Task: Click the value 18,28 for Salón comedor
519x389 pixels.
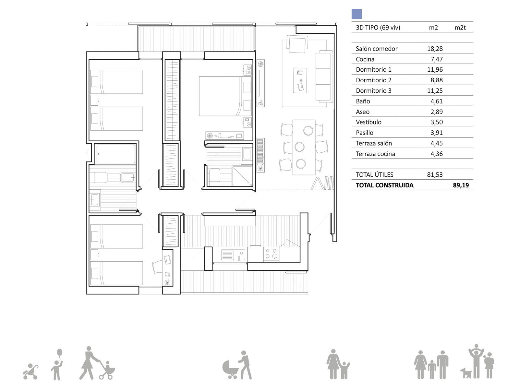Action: (x=435, y=49)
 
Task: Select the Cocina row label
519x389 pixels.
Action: (x=365, y=59)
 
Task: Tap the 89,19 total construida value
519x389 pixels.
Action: (x=461, y=185)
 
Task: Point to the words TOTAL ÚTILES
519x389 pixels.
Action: (x=375, y=174)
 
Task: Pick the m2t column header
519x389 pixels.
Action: (x=460, y=28)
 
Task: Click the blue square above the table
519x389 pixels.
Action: (x=356, y=14)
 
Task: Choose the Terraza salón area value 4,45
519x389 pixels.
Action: (x=437, y=143)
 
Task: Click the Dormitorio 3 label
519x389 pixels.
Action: (x=374, y=91)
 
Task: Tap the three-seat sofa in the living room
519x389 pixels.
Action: (x=324, y=77)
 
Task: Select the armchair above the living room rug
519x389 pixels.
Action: (x=297, y=44)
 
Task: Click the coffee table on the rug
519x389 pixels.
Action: (x=300, y=80)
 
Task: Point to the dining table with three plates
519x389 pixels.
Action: (x=304, y=147)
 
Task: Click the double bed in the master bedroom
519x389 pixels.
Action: (x=225, y=96)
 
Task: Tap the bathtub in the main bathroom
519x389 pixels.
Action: (x=116, y=154)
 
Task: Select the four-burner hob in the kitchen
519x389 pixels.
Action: (x=271, y=254)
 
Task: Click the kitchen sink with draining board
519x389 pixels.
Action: (x=233, y=255)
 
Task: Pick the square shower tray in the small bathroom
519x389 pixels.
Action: (x=242, y=176)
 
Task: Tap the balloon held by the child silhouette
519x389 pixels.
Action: (x=60, y=353)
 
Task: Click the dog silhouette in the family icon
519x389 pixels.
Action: (x=466, y=373)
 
